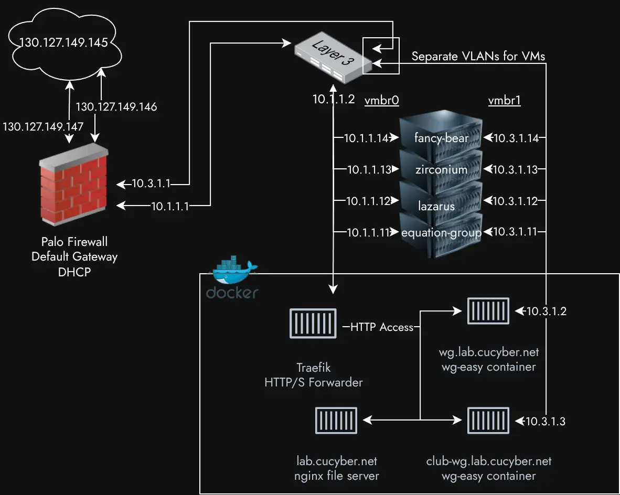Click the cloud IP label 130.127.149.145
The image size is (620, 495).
point(63,42)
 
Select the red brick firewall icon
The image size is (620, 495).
point(74,187)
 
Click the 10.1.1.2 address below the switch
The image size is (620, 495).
point(334,99)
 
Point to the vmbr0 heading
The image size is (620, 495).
point(378,101)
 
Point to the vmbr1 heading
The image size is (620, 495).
point(504,101)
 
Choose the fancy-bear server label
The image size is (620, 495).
point(441,138)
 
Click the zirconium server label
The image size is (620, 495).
point(441,169)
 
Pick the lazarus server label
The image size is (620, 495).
point(436,206)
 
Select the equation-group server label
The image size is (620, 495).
point(441,232)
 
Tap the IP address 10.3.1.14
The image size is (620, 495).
point(516,138)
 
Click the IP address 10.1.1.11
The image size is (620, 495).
point(368,232)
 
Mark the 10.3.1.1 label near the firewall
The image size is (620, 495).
point(150,184)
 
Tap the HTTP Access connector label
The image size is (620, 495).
point(382,327)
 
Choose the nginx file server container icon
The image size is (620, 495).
point(336,420)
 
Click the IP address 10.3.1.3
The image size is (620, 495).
point(546,421)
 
